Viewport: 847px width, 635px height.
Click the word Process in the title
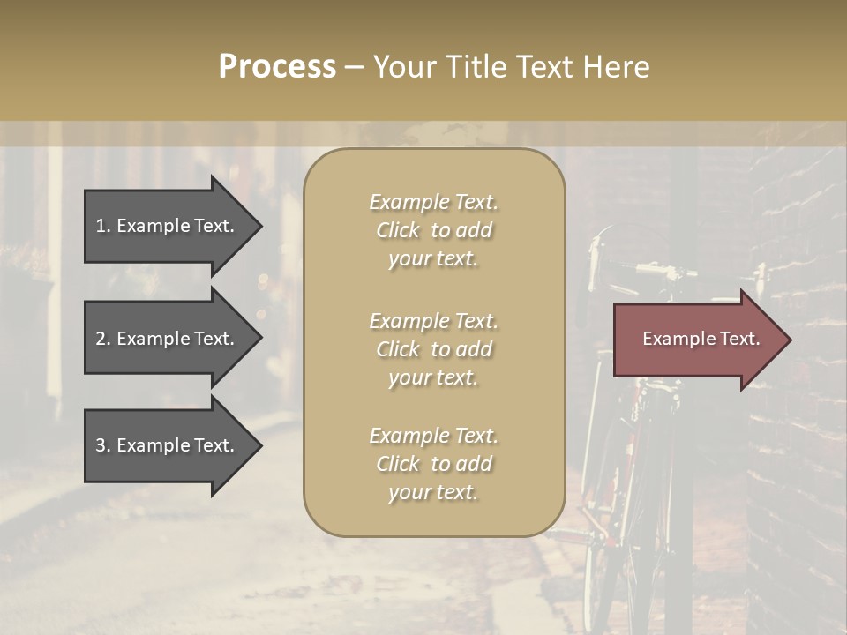(x=277, y=67)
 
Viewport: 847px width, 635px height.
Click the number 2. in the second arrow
(x=103, y=339)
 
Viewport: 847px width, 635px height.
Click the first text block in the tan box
(x=433, y=230)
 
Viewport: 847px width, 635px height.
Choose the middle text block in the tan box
(x=433, y=349)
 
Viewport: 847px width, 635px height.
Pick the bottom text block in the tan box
(x=433, y=464)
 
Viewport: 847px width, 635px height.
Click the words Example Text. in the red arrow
(x=701, y=339)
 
